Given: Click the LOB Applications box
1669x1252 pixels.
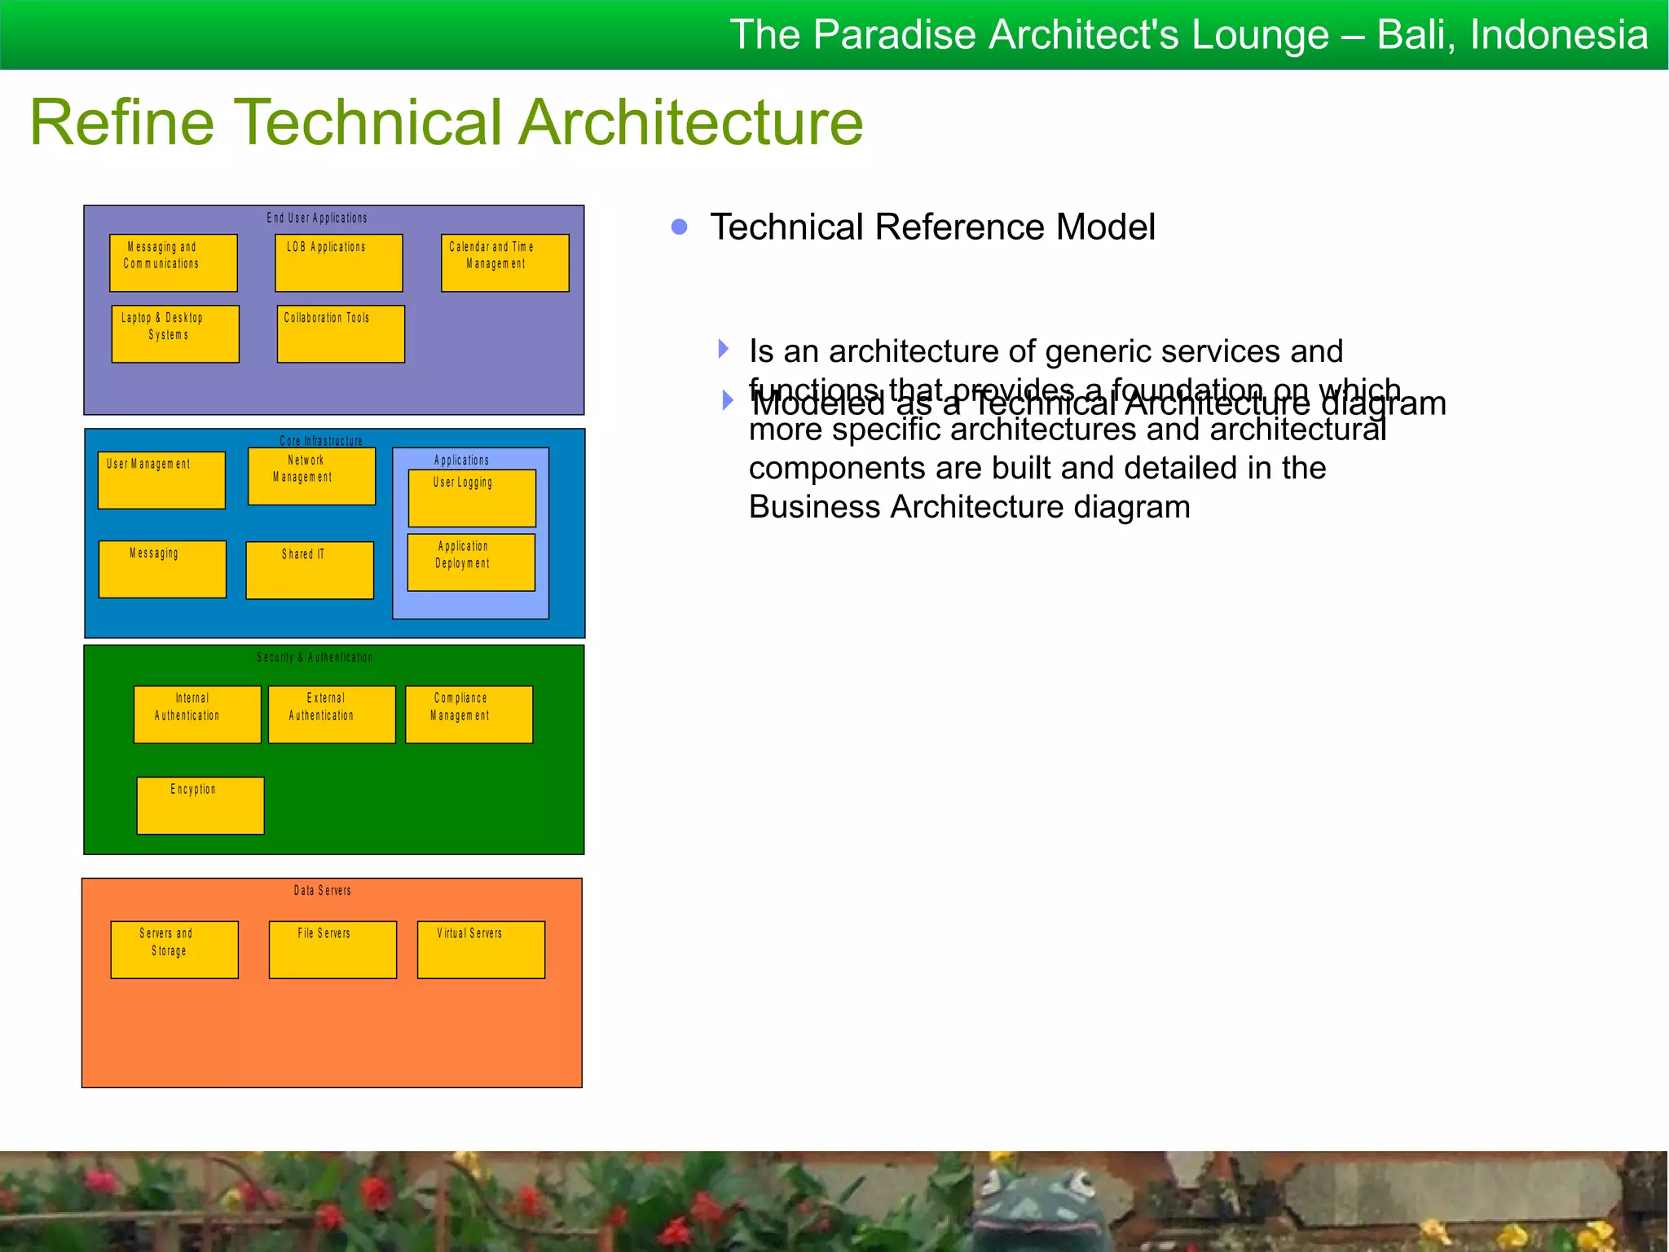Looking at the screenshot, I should [x=338, y=263].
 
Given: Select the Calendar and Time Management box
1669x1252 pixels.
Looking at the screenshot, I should [x=504, y=263].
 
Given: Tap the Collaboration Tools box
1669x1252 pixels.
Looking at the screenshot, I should [x=341, y=334].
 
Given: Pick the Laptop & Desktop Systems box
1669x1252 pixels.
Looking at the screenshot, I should [x=175, y=334].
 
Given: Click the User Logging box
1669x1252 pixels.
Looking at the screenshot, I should [x=472, y=498].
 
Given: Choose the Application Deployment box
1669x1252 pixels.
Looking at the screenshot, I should [x=471, y=562].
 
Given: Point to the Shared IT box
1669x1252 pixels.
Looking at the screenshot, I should [x=310, y=571].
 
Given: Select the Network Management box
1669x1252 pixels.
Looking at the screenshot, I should [x=311, y=476].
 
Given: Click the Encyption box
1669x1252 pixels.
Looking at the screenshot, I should [x=200, y=805].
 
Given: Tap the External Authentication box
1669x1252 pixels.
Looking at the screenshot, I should [x=332, y=715].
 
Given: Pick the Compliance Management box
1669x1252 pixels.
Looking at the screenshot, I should [x=469, y=715].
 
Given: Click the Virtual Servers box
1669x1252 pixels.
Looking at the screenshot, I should [x=481, y=950].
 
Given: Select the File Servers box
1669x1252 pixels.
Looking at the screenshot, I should [x=332, y=950].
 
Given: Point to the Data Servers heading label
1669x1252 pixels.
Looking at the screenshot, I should [x=323, y=891].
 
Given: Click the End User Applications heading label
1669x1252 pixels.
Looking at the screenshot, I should [x=317, y=218].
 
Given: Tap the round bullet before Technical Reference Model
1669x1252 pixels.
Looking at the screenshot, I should [x=680, y=227].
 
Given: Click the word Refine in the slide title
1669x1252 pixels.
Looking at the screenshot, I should [x=122, y=122].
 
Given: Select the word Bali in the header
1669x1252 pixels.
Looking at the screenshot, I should [x=1414, y=35].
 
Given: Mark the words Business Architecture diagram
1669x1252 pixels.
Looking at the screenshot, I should [x=969, y=507].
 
